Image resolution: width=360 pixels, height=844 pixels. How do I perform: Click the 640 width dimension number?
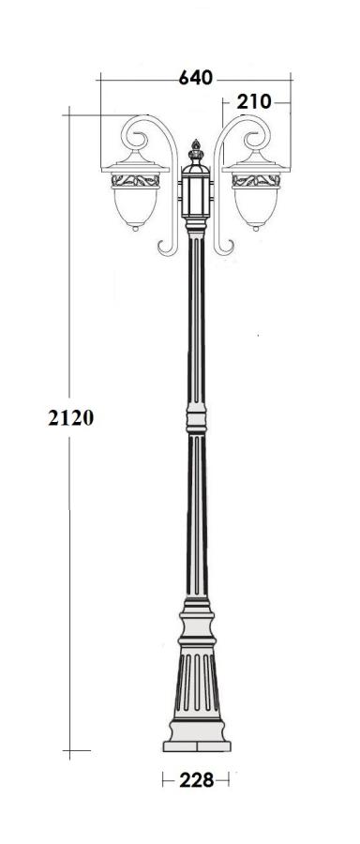click(195, 78)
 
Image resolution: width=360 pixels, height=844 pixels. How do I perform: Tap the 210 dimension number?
click(254, 101)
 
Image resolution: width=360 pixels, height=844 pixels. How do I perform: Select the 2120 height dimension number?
click(71, 417)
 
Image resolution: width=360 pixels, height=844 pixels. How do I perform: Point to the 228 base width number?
click(197, 780)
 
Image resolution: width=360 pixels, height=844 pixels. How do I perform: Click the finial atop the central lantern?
click(196, 151)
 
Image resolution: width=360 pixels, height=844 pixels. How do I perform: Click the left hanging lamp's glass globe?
click(135, 206)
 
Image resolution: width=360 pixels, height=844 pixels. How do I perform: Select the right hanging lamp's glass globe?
click(256, 206)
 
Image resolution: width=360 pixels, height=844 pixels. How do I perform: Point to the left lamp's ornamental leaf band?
click(136, 181)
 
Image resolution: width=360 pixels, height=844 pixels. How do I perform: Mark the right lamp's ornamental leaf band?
click(256, 181)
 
